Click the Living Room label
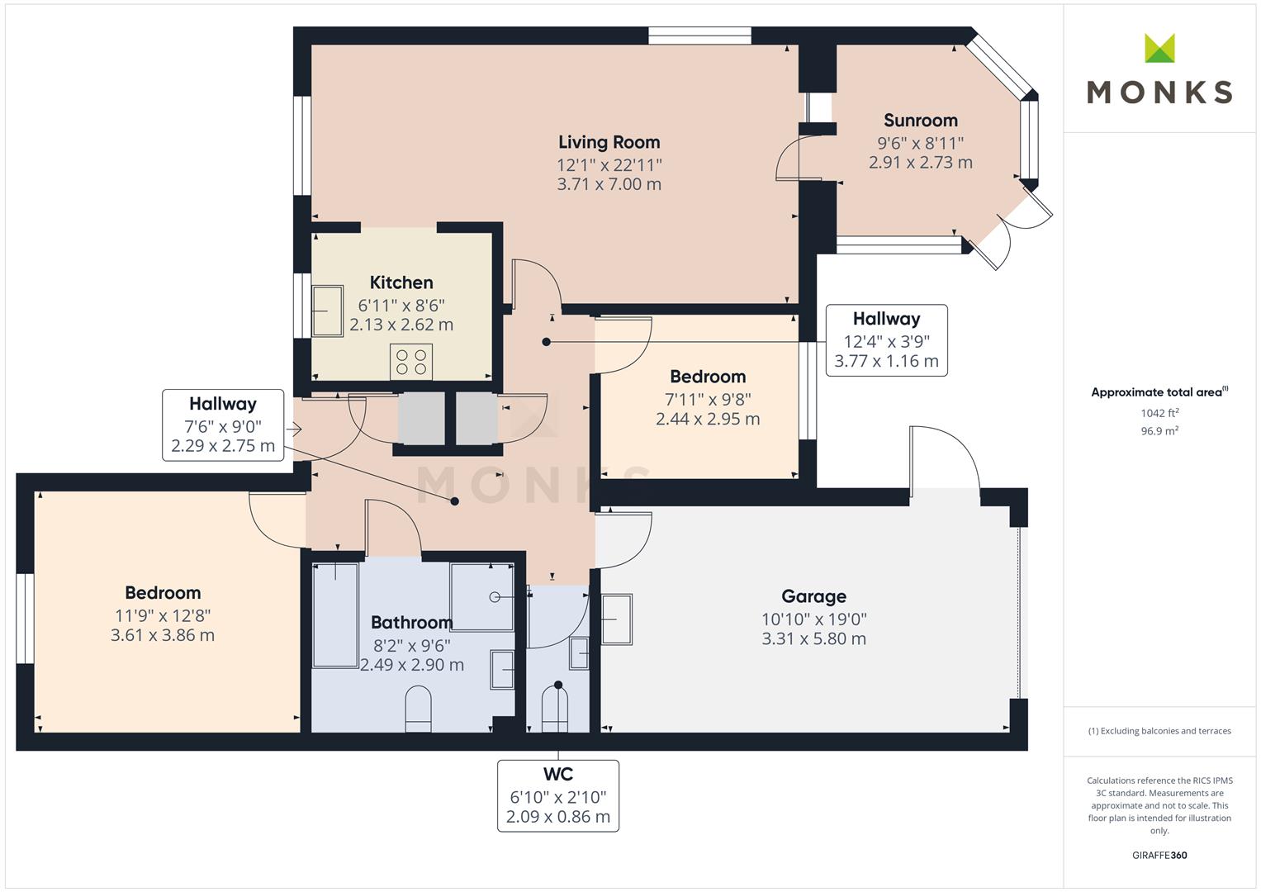[609, 142]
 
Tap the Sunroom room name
[921, 120]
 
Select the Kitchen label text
[401, 282]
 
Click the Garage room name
[813, 595]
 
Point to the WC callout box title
[558, 775]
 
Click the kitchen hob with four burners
[411, 362]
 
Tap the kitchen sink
[327, 311]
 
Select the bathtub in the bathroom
[335, 615]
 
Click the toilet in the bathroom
[418, 709]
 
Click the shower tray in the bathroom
[482, 596]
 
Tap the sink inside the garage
[617, 619]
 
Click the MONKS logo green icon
[1159, 48]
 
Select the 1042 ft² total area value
[1159, 413]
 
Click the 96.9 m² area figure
[1159, 431]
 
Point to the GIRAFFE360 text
[1159, 855]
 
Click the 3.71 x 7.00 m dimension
[609, 184]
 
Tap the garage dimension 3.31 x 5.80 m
[813, 638]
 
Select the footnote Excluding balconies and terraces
[1159, 731]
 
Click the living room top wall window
[699, 36]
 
